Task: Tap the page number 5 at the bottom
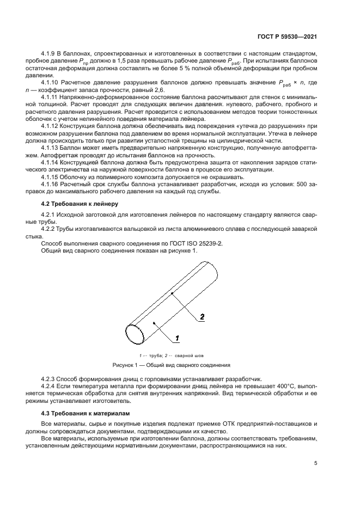315,464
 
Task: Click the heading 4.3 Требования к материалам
77,413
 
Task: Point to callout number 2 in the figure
202,316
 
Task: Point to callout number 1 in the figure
178,339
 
